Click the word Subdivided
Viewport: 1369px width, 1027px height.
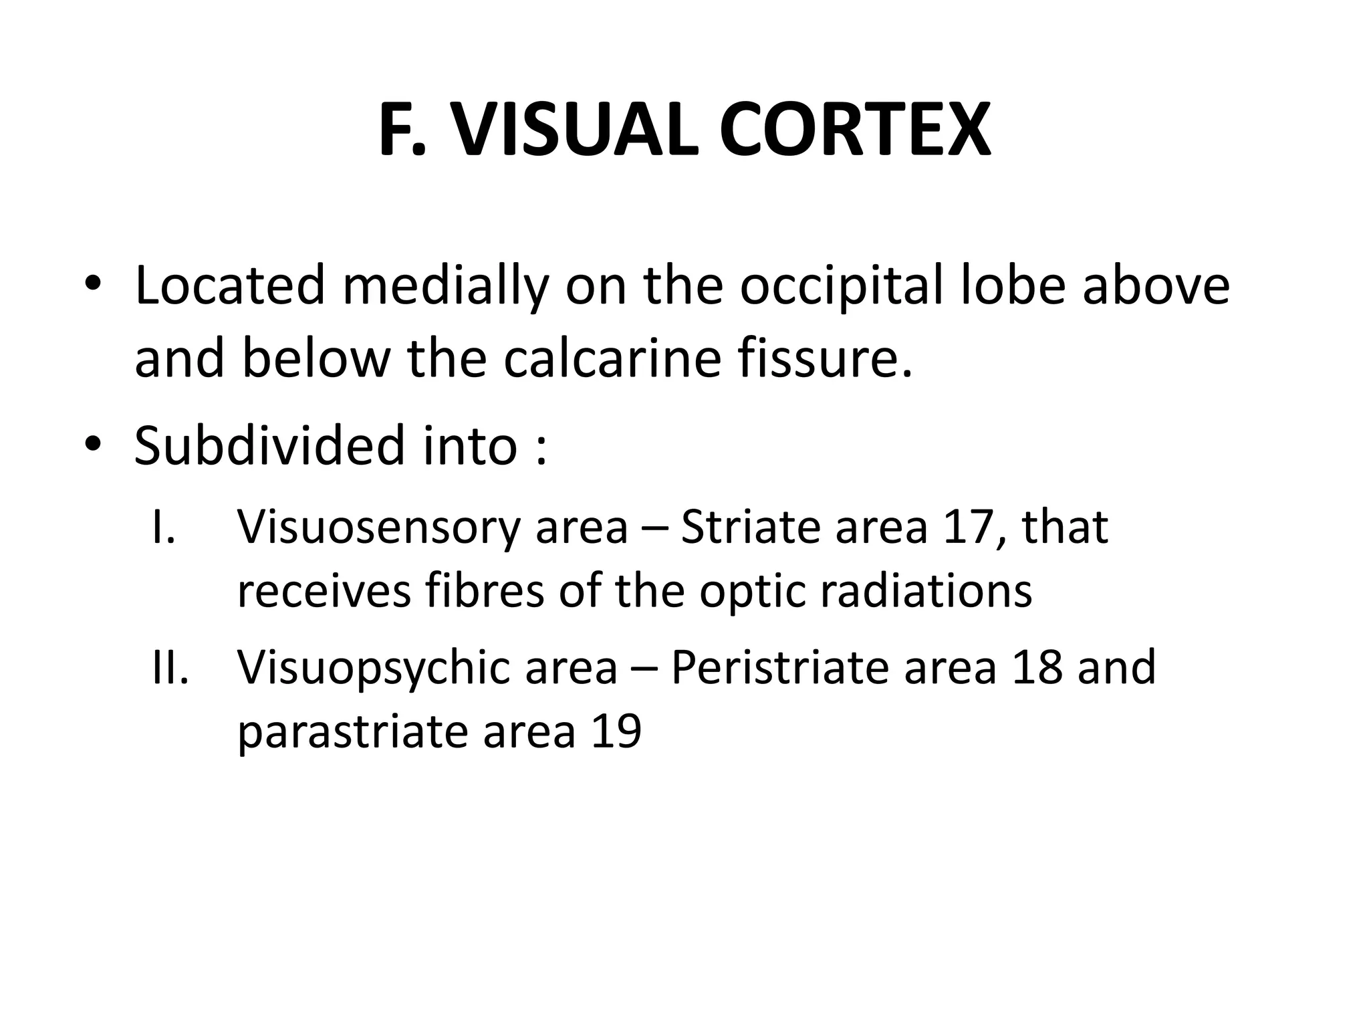pos(269,445)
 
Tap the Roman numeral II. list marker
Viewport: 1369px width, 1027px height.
pos(170,668)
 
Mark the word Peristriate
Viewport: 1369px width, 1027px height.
pos(779,668)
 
